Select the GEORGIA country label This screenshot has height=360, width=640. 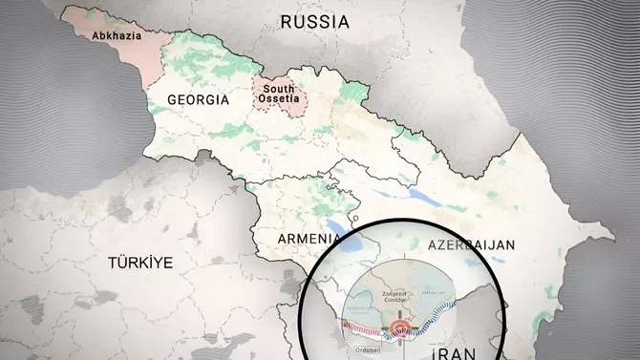[198, 99]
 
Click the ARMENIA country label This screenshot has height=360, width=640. [308, 238]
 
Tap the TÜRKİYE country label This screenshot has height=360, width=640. [140, 262]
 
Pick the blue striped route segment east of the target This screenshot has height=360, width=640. [449, 320]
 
